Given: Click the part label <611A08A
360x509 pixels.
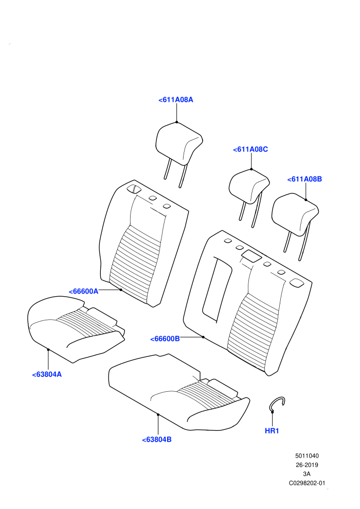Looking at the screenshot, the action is (x=175, y=100).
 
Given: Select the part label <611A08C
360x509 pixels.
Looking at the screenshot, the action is (x=250, y=149).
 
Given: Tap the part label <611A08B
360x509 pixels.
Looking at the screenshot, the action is (x=304, y=179).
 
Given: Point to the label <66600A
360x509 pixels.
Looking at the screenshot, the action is (x=83, y=291).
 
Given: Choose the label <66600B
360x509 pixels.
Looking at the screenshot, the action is (x=165, y=339).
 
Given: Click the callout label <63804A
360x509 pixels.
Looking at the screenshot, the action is (x=47, y=374).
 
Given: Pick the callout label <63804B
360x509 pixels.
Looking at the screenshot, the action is (x=157, y=440).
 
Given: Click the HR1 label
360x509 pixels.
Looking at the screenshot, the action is (x=272, y=431).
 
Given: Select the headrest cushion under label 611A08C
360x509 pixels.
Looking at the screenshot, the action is (x=248, y=186).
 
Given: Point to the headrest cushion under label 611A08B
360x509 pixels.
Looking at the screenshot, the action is (x=295, y=213).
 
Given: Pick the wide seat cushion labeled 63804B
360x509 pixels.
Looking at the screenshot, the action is (x=179, y=392).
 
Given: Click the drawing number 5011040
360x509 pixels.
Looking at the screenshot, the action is (x=307, y=456).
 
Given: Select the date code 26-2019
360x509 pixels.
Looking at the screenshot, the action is (x=307, y=465).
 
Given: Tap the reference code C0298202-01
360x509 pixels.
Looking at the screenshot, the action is (x=307, y=483).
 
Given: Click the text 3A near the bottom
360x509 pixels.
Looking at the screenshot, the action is (x=307, y=474).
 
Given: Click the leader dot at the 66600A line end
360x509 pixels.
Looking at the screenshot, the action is (x=121, y=289).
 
